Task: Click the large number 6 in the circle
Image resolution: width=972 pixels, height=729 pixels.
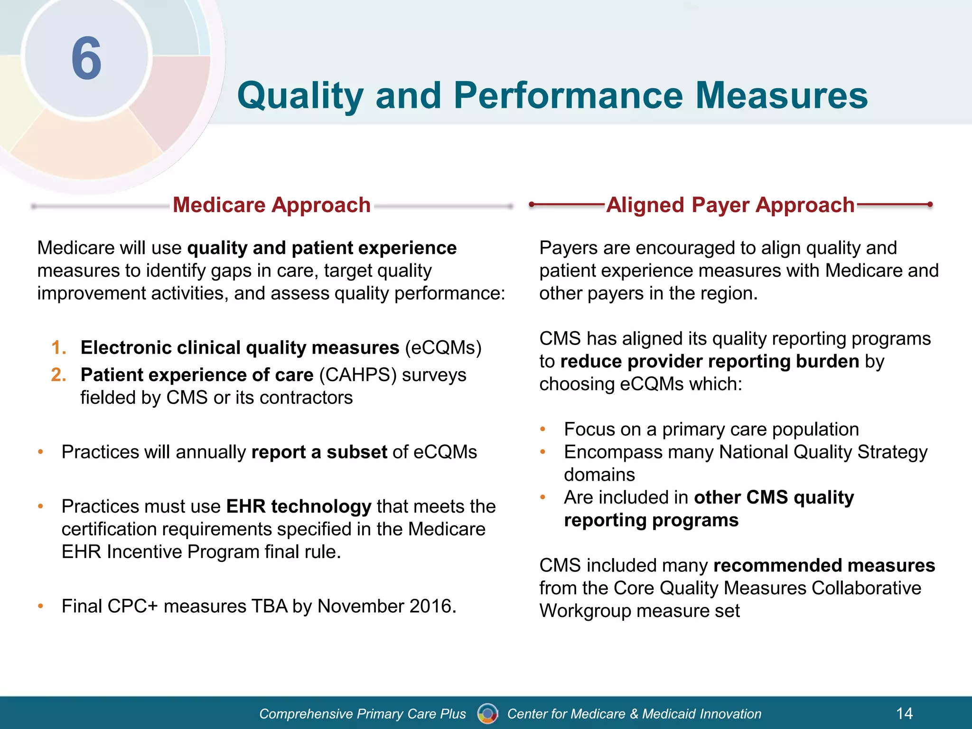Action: tap(86, 59)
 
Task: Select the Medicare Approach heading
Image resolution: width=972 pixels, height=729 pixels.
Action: tap(271, 205)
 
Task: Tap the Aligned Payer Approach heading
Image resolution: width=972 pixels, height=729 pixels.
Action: tap(730, 205)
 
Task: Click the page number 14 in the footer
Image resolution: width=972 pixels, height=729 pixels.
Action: tap(904, 713)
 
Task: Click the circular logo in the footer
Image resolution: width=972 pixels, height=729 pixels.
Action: tap(487, 713)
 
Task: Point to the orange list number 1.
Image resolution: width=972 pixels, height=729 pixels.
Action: tap(59, 348)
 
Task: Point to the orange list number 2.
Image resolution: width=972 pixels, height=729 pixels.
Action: tap(59, 375)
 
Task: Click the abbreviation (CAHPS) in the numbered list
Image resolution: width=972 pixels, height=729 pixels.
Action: tap(357, 375)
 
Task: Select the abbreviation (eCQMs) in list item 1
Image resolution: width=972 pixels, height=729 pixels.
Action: tap(443, 348)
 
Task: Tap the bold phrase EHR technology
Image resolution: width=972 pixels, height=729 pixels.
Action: tap(299, 506)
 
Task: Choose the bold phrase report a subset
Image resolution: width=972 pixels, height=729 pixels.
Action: tap(319, 452)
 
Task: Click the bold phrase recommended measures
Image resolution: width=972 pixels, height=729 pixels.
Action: tap(824, 566)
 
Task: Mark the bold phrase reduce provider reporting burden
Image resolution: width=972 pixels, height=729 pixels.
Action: tap(710, 362)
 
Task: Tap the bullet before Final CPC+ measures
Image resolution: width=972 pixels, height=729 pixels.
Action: tap(41, 607)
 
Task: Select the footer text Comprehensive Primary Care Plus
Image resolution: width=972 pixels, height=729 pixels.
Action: tap(363, 714)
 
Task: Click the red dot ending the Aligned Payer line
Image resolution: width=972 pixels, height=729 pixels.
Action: tap(930, 205)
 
